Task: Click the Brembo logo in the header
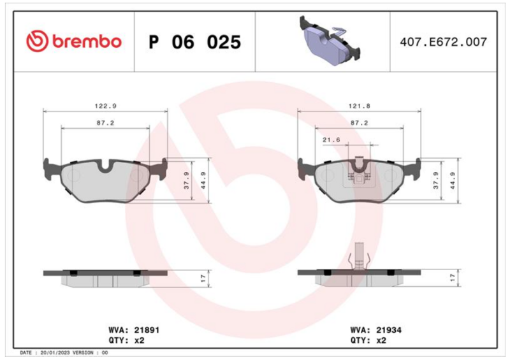click(x=74, y=41)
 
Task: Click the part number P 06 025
click(x=195, y=42)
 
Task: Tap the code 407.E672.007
click(x=443, y=42)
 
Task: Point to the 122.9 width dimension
click(x=105, y=106)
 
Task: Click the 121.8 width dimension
click(x=359, y=106)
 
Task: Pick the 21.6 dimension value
click(x=331, y=140)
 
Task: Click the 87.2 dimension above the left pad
click(x=105, y=123)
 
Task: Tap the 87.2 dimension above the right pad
click(x=359, y=123)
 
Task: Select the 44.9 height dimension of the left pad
click(x=203, y=180)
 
